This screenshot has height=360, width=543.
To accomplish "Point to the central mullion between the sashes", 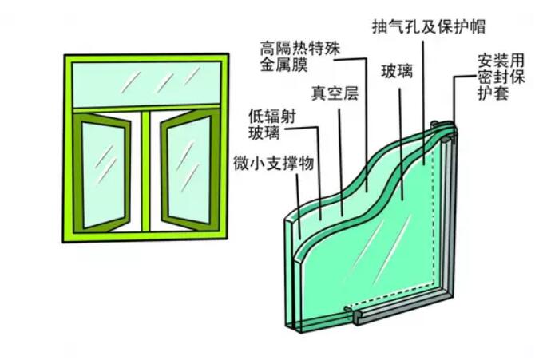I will click(x=145, y=172).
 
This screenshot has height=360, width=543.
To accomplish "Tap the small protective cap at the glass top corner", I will click(x=436, y=125).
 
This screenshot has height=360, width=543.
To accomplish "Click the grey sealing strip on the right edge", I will click(x=450, y=224).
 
